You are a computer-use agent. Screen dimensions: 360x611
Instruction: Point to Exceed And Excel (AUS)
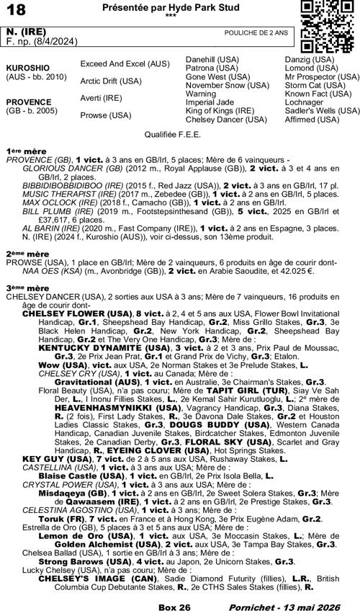click(x=125, y=64)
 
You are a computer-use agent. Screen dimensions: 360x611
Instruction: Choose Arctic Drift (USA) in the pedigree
click(x=111, y=81)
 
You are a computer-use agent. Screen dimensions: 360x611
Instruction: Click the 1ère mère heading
click(x=26, y=151)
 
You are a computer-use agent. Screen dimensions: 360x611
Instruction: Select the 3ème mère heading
click(x=27, y=287)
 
